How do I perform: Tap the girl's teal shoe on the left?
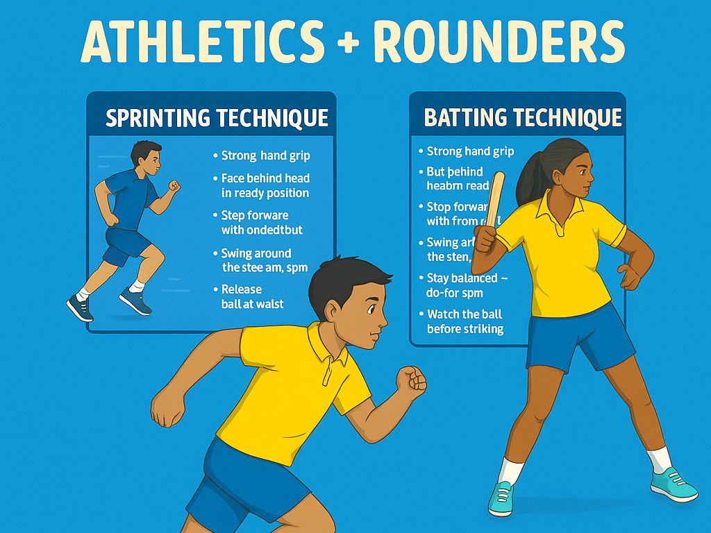point(501,498)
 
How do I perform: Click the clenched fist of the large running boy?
point(411,380)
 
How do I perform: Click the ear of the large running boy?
point(333,310)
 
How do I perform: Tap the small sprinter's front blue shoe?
point(135,301)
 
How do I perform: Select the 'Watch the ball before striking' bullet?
point(464,321)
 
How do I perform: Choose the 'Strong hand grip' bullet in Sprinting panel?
point(265,155)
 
